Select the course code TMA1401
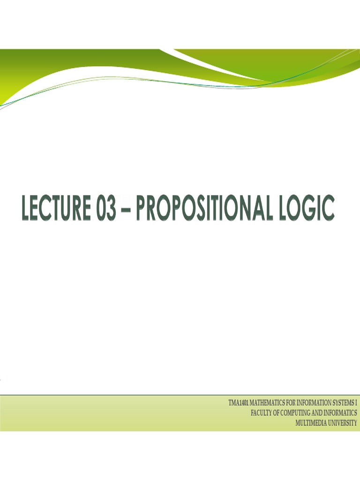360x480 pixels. coord(239,403)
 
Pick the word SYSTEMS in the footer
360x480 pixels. coord(344,403)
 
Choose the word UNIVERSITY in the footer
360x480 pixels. coord(342,422)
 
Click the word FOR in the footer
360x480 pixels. coord(291,403)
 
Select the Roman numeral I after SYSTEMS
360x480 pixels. coord(356,403)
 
